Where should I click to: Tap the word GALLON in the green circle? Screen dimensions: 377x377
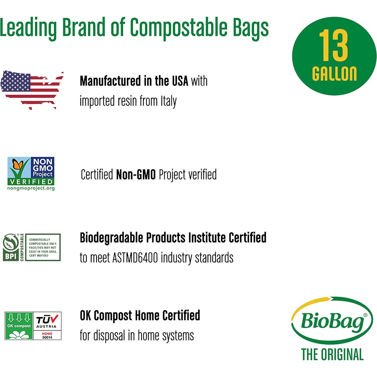coord(334,74)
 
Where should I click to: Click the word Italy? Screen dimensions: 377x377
coord(169,101)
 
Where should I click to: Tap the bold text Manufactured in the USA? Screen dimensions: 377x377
coord(134,81)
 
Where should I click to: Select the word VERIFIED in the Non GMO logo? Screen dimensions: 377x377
coord(31,182)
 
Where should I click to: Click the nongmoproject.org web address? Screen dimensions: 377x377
coord(31,188)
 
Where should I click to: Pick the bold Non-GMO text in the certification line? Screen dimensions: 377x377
coord(136,175)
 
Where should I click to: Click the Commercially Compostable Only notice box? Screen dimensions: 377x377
coord(43,247)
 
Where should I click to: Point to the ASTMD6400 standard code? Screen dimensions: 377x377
coord(135,258)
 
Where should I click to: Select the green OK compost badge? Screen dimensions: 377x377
coord(19,326)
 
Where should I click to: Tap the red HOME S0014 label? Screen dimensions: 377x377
coord(47,335)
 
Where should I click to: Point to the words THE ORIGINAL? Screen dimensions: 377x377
coord(332,355)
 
